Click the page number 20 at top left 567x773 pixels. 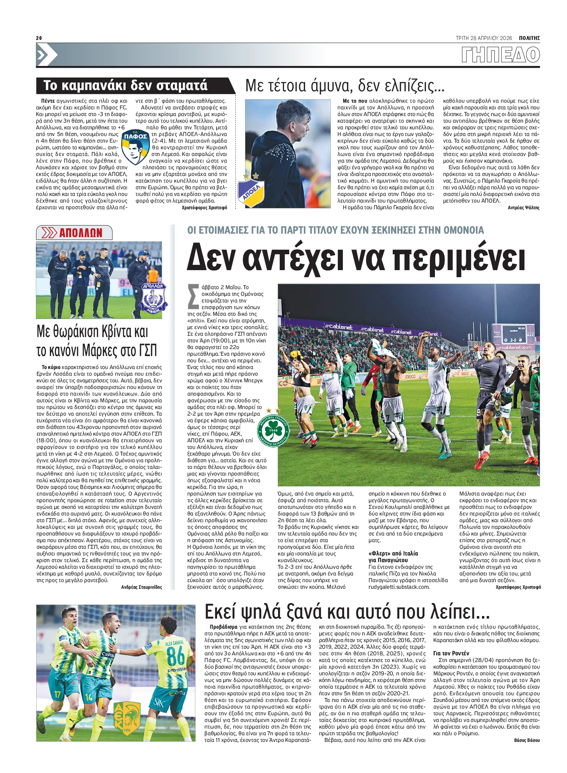[39, 38]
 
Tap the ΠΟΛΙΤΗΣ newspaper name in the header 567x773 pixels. [529, 38]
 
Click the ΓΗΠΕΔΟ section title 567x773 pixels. [500, 55]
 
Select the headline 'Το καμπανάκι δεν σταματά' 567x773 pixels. [125, 85]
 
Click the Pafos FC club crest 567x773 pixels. [135, 146]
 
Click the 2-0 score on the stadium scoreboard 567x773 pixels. [513, 340]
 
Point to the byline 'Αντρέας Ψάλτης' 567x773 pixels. [524, 207]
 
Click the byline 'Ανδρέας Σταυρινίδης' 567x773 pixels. [141, 587]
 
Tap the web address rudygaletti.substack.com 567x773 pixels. [399, 587]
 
